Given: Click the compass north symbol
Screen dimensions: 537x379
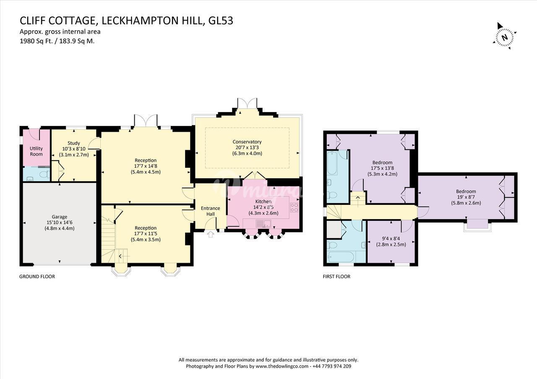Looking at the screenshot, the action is click(x=505, y=38).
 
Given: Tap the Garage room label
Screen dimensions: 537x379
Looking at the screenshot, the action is click(x=60, y=217).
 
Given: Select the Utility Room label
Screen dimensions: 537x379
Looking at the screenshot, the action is click(x=36, y=152).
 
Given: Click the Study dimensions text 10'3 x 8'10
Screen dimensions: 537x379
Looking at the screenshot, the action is click(x=74, y=149).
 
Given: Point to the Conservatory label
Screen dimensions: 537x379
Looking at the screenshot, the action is click(x=247, y=142).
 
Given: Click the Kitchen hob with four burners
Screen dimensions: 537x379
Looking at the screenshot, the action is click(x=294, y=207).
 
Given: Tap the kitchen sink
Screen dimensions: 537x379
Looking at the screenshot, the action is click(x=263, y=224).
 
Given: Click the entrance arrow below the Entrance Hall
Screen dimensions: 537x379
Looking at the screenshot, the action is click(x=211, y=234).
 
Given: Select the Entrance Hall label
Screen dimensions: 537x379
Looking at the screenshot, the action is click(x=211, y=211).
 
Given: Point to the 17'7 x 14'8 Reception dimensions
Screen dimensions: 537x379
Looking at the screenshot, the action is click(x=146, y=166).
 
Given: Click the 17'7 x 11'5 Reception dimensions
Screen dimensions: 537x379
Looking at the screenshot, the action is click(x=146, y=234).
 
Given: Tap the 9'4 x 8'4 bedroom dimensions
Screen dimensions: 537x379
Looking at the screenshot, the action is click(x=391, y=239).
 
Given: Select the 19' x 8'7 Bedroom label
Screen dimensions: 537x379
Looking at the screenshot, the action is click(x=466, y=191).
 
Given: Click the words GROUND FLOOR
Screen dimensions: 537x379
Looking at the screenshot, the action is click(x=37, y=277).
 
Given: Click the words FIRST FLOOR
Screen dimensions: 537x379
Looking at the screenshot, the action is click(x=336, y=277).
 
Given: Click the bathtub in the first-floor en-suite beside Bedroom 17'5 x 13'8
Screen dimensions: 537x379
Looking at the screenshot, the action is click(x=332, y=163).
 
